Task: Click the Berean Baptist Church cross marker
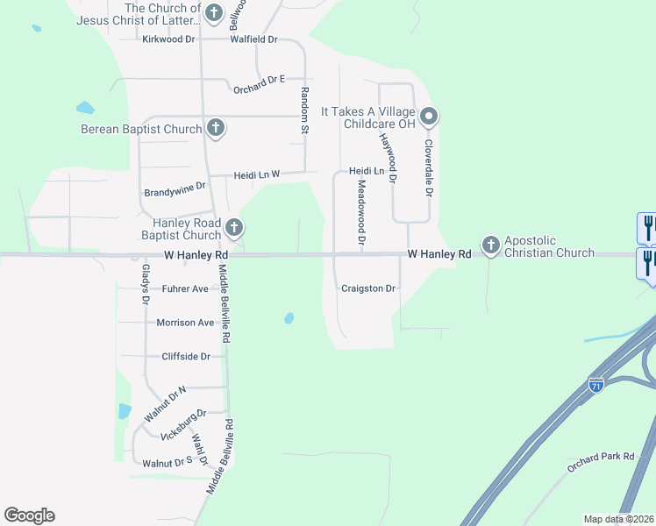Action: tap(215, 129)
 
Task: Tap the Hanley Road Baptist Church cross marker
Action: tap(233, 229)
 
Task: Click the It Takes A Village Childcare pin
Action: tap(428, 117)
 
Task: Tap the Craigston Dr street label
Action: tap(368, 288)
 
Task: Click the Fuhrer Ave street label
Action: tap(184, 288)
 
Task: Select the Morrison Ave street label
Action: tap(185, 323)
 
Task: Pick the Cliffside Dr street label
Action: tap(186, 356)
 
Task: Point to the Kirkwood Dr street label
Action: tap(168, 39)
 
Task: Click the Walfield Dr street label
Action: tap(253, 39)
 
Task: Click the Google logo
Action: tap(29, 515)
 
